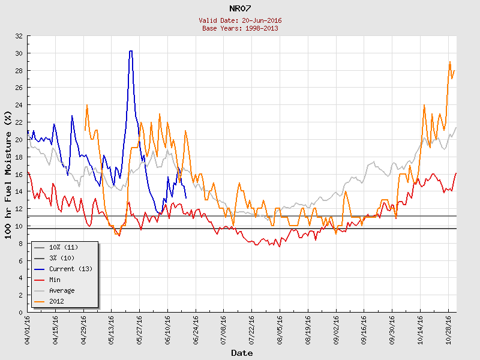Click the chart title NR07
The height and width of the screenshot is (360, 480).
[240, 8]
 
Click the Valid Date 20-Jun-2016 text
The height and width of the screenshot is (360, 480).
[240, 20]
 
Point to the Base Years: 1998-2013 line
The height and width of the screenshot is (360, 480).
[240, 28]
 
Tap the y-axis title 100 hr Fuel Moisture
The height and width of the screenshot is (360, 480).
[8, 174]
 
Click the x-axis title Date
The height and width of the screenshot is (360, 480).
[242, 353]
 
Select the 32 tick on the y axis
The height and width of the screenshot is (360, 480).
[19, 36]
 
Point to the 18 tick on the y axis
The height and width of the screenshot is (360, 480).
[19, 157]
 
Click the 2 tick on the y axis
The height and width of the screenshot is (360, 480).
[21, 295]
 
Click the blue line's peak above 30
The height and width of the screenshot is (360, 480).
[131, 52]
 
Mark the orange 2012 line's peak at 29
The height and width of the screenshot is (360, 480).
[450, 62]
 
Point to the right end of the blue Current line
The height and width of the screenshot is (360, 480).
[186, 198]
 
